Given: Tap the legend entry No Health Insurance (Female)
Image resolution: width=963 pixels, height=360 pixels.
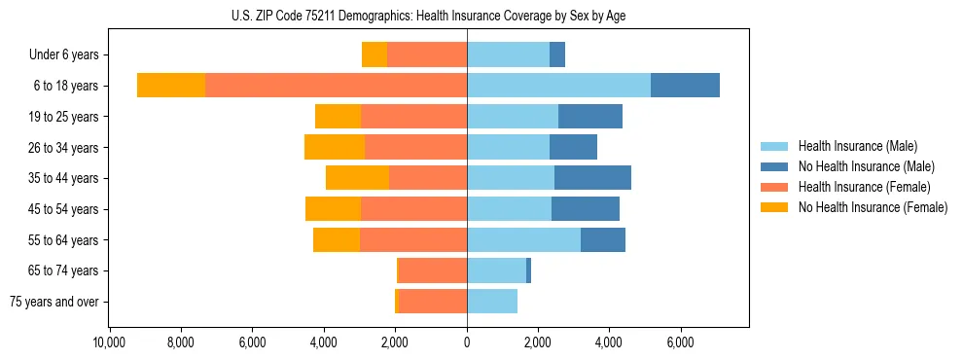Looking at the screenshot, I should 873,207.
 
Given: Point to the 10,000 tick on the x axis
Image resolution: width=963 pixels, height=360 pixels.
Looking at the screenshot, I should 109,342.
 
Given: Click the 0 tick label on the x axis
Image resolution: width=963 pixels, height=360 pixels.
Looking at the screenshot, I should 467,342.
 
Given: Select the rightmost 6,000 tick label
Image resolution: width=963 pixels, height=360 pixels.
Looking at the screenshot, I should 680,342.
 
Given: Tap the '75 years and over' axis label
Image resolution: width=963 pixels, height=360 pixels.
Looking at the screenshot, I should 54,302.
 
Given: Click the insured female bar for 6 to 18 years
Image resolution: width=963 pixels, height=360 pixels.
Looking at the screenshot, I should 336,86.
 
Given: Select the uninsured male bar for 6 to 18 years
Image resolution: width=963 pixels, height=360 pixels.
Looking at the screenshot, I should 685,86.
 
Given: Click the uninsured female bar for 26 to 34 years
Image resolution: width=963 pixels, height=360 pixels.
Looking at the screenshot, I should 335,147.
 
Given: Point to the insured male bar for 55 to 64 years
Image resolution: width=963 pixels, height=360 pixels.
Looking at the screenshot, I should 523,239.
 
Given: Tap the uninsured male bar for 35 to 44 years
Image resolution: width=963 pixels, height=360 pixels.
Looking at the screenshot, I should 592,178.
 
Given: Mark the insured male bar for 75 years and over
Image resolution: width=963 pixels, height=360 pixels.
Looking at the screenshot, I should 492,302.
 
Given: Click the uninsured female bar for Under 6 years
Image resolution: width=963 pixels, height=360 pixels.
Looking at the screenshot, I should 374,55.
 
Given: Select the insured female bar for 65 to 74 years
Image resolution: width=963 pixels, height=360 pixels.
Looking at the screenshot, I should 433,270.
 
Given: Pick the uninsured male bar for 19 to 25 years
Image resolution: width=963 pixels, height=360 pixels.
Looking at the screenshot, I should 590,117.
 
